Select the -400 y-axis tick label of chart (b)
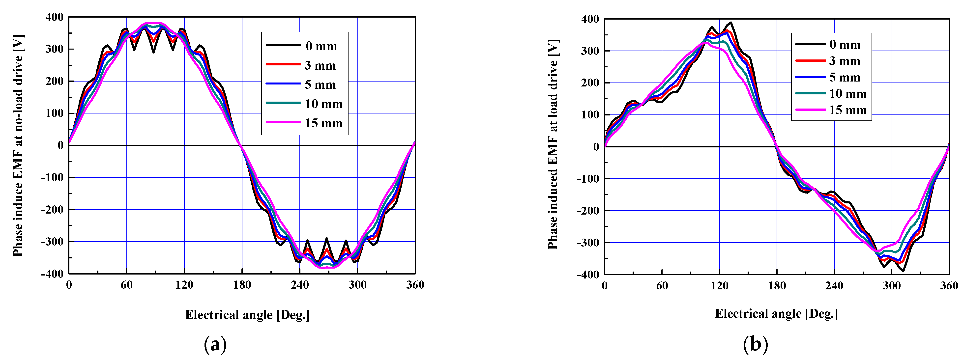[588, 275]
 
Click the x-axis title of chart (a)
[247, 315]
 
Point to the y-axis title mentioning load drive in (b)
[553, 144]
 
